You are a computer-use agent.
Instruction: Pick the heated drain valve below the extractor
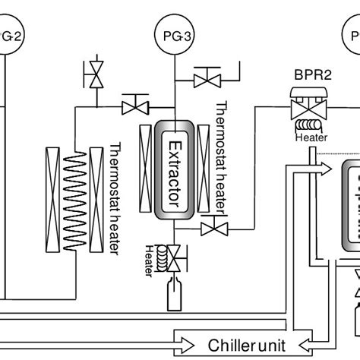click(174, 260)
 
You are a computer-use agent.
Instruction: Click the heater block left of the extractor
click(147, 166)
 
